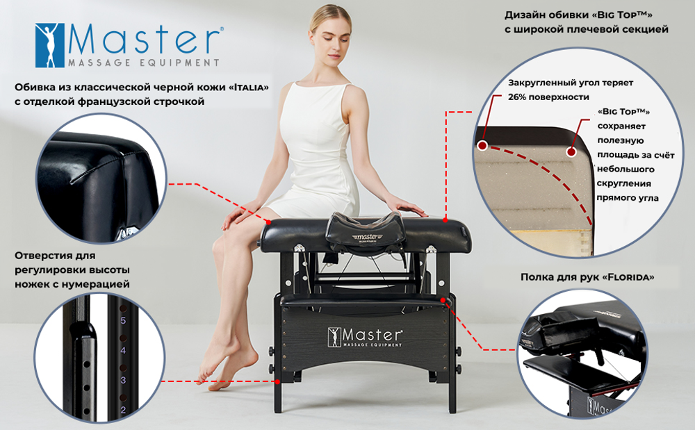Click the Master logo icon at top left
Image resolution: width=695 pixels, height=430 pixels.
[49, 45]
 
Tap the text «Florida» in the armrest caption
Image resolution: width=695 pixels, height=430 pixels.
[630, 276]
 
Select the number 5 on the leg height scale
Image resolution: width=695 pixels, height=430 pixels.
[123, 321]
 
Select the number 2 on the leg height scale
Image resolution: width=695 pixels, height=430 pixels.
[123, 410]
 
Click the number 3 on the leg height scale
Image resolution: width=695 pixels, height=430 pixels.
[123, 380]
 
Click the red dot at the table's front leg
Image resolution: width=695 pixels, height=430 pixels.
[277, 381]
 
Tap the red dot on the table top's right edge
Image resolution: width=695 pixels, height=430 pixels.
[446, 219]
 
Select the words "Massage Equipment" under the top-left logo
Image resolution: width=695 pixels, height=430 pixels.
[142, 63]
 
